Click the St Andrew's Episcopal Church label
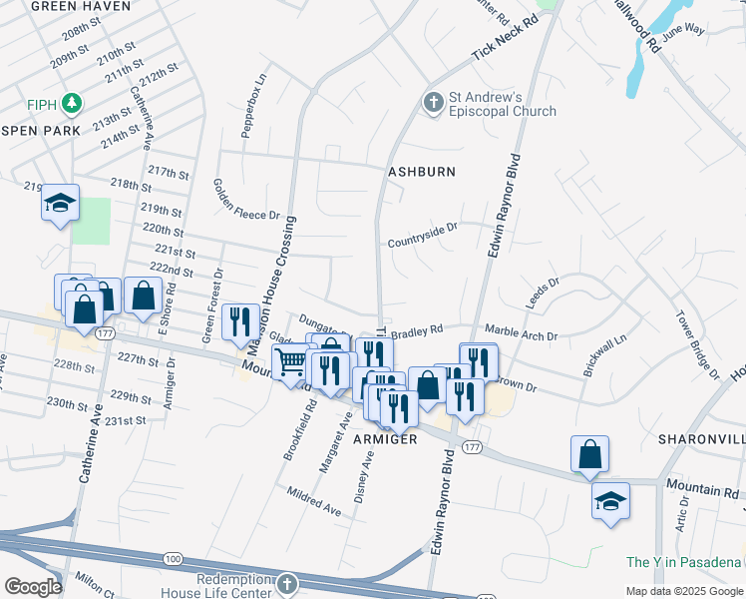click(502, 104)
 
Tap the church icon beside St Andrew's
click(433, 102)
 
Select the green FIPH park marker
click(71, 102)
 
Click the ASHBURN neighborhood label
click(422, 172)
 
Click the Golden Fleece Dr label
click(233, 199)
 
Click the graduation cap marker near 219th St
click(60, 204)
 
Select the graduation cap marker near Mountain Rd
click(609, 501)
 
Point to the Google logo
click(33, 587)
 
